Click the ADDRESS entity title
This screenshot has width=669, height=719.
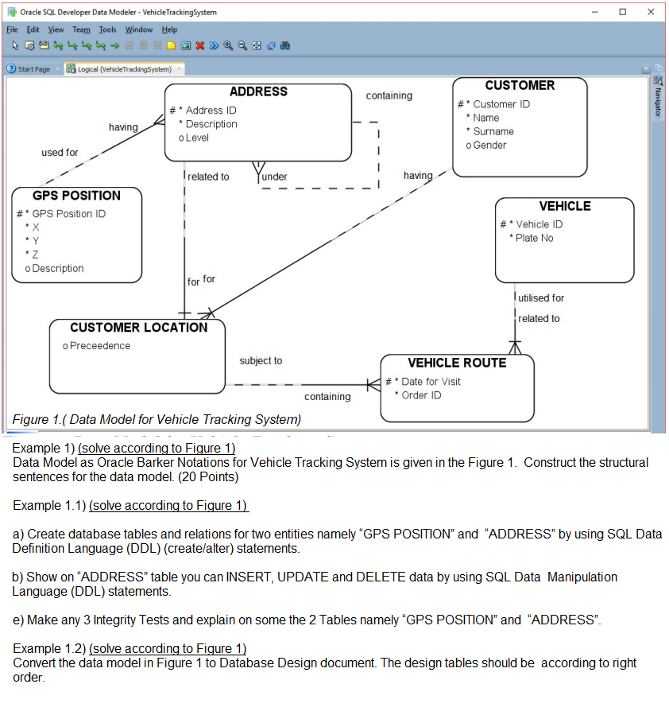pyautogui.click(x=258, y=91)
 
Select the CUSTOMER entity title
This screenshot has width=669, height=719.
pyautogui.click(x=520, y=85)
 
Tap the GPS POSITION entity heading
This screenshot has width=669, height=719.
pyautogui.click(x=77, y=196)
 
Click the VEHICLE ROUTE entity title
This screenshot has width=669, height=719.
pyautogui.click(x=457, y=363)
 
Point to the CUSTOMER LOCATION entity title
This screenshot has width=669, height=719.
pyautogui.click(x=138, y=328)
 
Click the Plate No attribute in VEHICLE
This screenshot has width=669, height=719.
pyautogui.click(x=534, y=238)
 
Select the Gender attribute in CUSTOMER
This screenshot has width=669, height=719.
pyautogui.click(x=489, y=145)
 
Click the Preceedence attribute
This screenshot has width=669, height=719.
pyautogui.click(x=99, y=346)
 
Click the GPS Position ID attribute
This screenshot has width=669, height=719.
pyautogui.click(x=68, y=214)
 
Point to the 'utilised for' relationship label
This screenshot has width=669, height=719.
pyautogui.click(x=541, y=297)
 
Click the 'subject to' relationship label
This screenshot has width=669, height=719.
pyautogui.click(x=261, y=361)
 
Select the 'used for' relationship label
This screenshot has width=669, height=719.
pyautogui.click(x=60, y=152)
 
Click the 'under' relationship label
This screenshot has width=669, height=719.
pyautogui.click(x=274, y=177)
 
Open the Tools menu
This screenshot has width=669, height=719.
pyautogui.click(x=107, y=29)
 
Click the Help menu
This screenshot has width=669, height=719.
pyautogui.click(x=169, y=29)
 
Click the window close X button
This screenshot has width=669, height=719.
pyautogui.click(x=651, y=12)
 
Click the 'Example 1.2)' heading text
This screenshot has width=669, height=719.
pyautogui.click(x=49, y=648)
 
